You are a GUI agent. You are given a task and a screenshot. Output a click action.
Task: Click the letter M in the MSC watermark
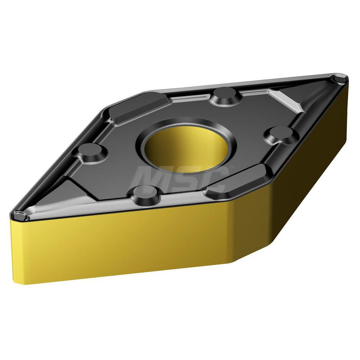[x=148, y=180]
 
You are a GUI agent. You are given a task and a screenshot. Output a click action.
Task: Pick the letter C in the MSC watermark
[x=216, y=180]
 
